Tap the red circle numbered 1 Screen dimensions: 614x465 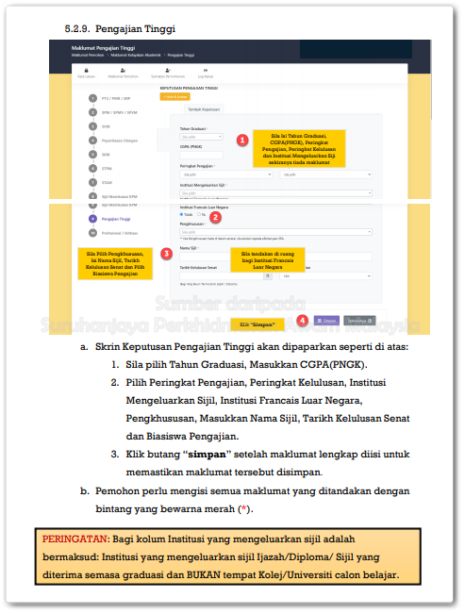tap(242, 140)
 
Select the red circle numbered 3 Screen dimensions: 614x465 tap(166, 254)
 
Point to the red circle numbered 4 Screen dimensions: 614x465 tap(301, 320)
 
